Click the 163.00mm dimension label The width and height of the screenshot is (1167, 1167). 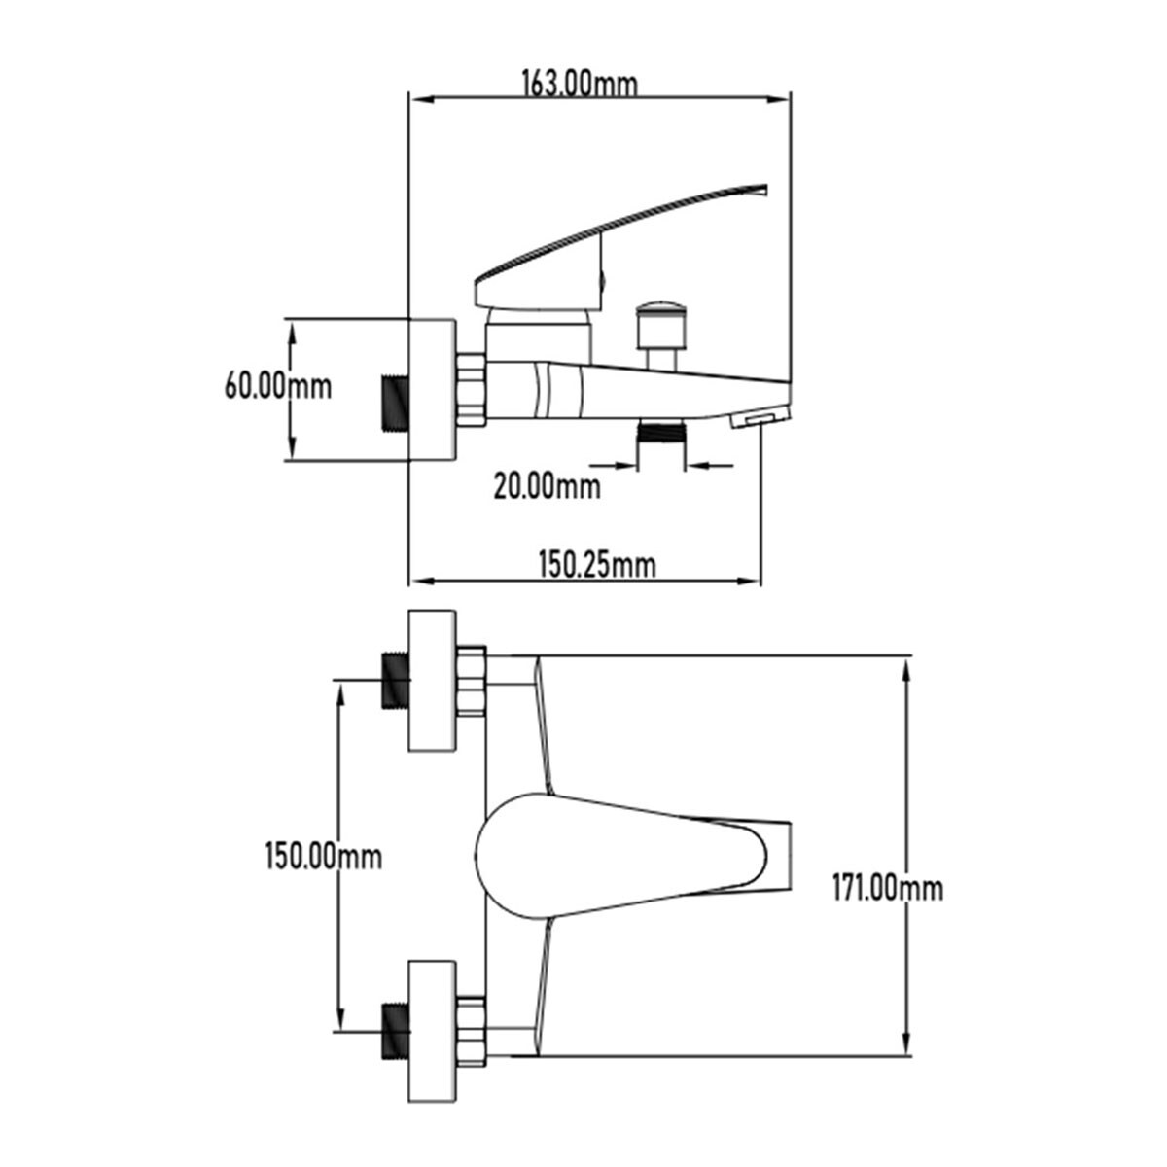tap(580, 85)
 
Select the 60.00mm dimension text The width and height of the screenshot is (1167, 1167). tap(278, 386)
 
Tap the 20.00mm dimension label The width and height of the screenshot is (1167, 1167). tap(547, 486)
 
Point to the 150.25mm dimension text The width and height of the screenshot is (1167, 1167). tap(597, 565)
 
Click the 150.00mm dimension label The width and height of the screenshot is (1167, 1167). tap(324, 857)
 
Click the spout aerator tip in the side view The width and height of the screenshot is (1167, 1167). tap(760, 418)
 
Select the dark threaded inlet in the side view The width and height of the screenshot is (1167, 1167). tap(397, 404)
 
